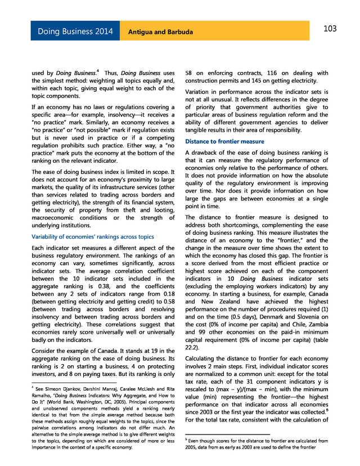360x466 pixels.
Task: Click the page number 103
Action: pos(330,29)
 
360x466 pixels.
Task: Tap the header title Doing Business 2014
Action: pos(75,32)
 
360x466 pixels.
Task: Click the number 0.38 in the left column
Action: pos(108,286)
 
